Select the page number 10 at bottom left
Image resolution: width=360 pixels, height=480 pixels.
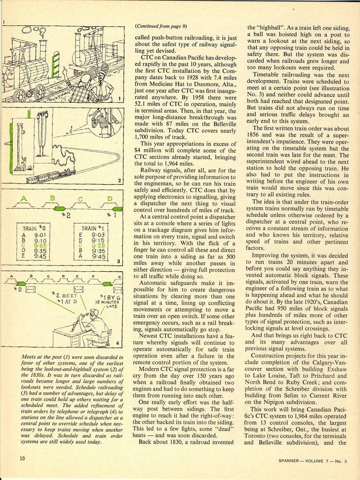22,458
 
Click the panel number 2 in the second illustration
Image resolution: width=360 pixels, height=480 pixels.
120,180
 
